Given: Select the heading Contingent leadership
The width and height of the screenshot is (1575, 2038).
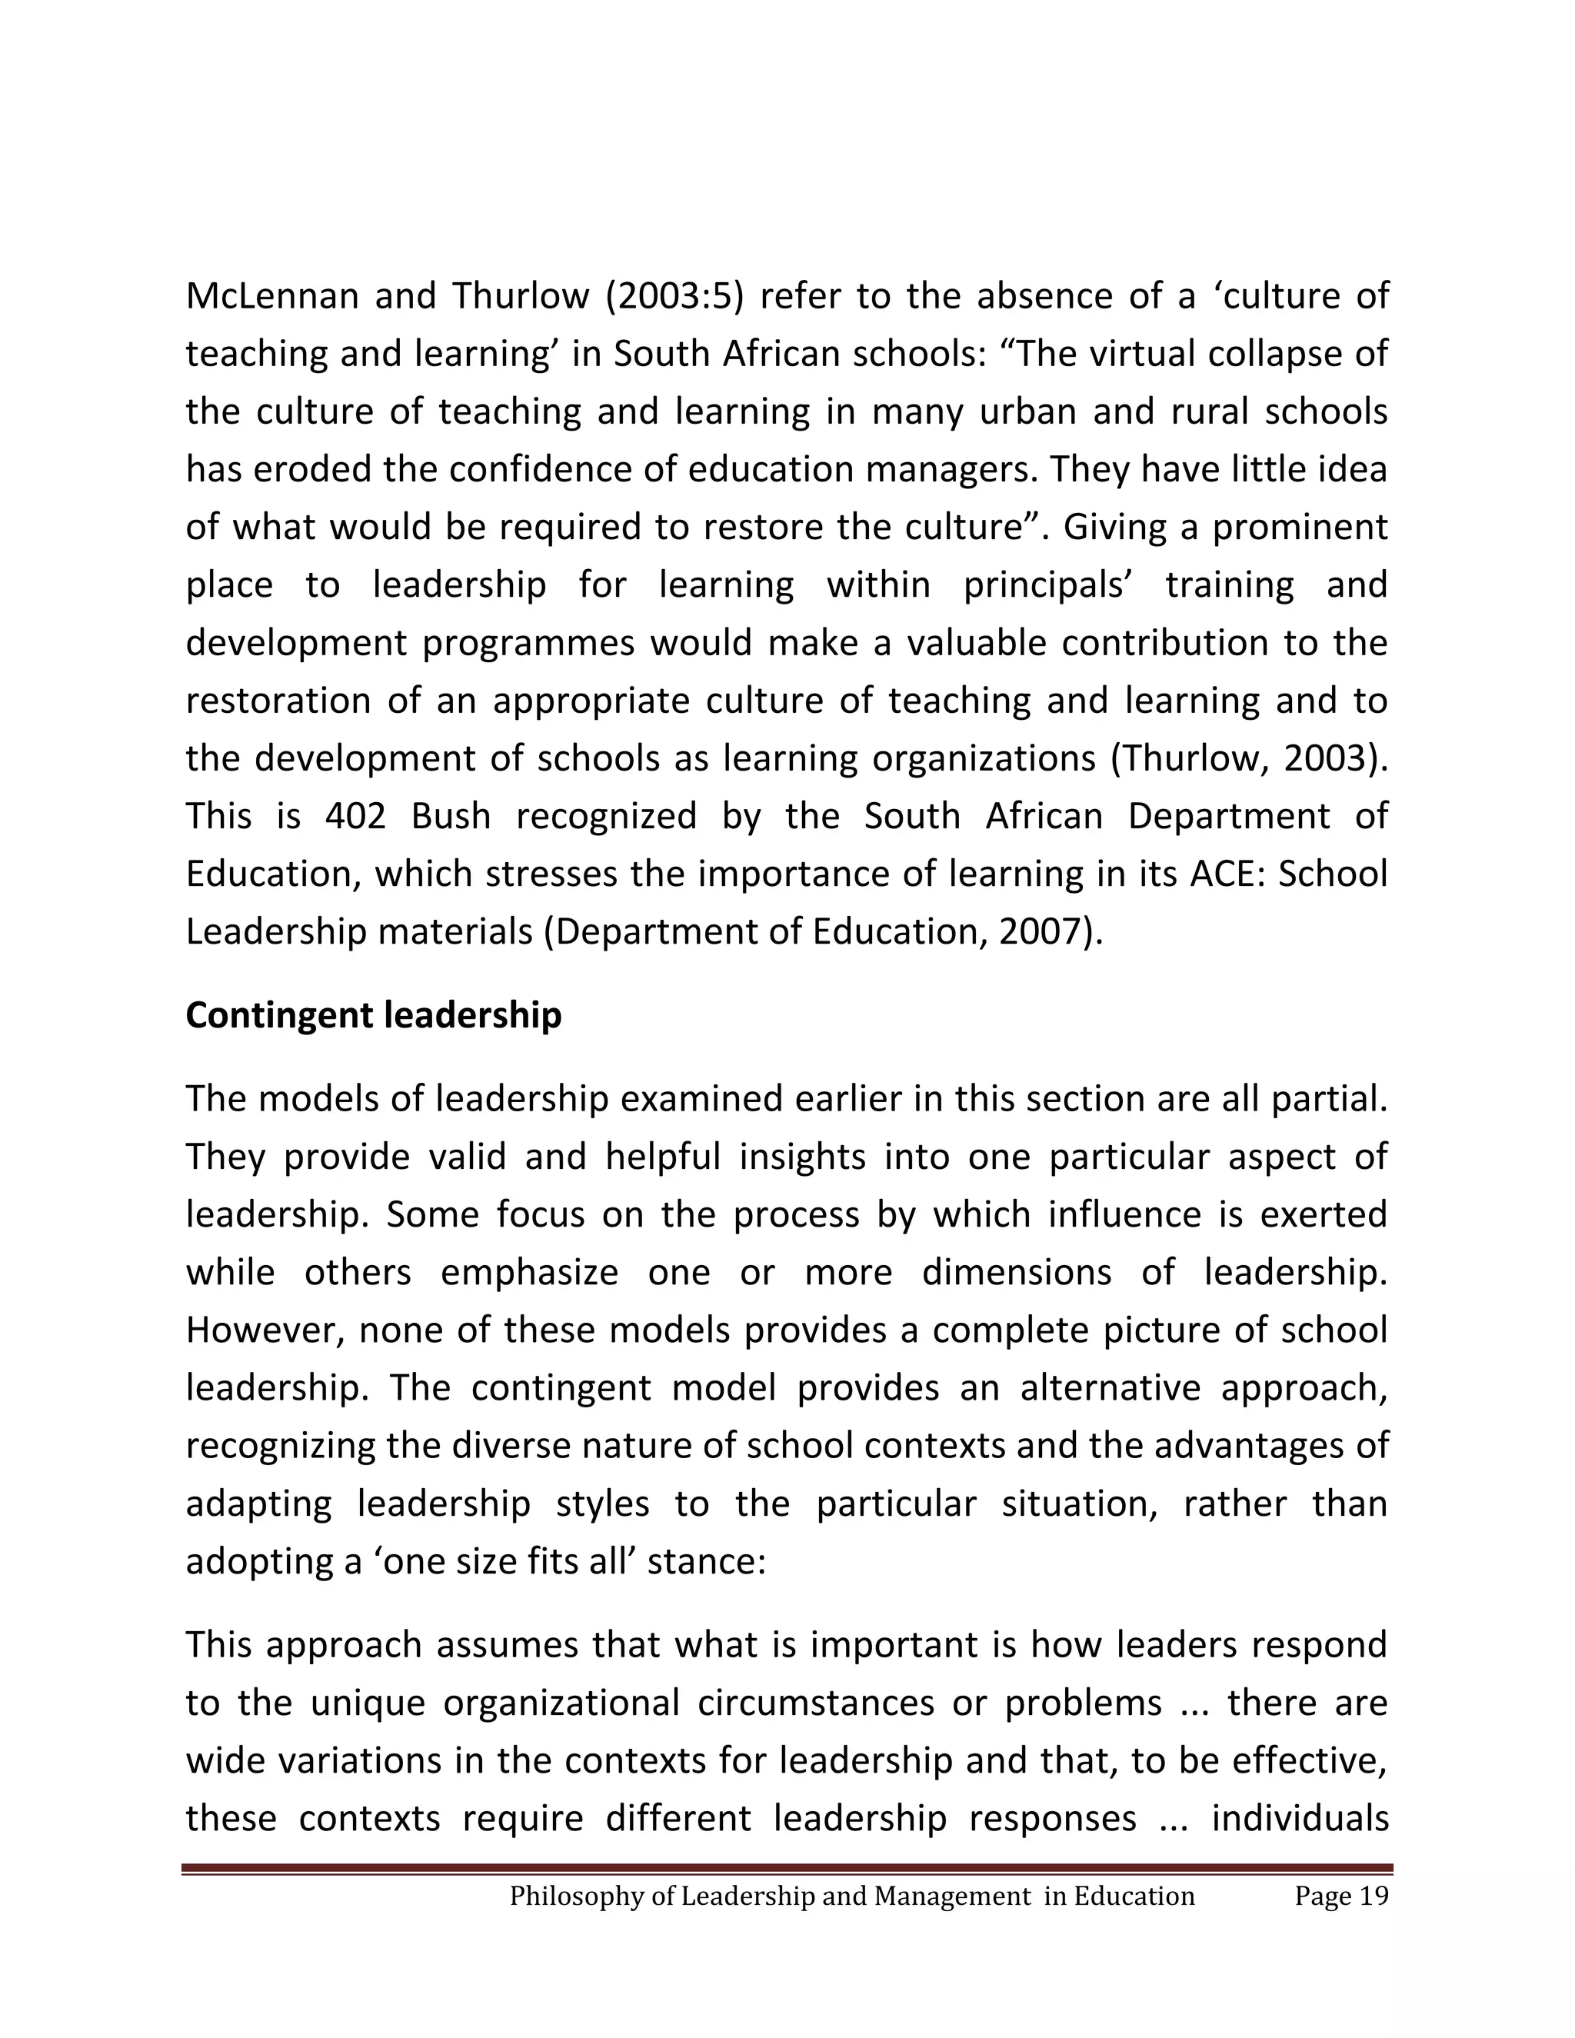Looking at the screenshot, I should (373, 1015).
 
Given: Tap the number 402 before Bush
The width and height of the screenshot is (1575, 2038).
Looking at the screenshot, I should (355, 817).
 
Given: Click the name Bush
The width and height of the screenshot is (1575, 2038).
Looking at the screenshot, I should (451, 817).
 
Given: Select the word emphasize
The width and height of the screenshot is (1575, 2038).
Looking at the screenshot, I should (529, 1272).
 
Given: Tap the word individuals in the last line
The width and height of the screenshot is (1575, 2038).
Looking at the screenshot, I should (1300, 1819).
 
